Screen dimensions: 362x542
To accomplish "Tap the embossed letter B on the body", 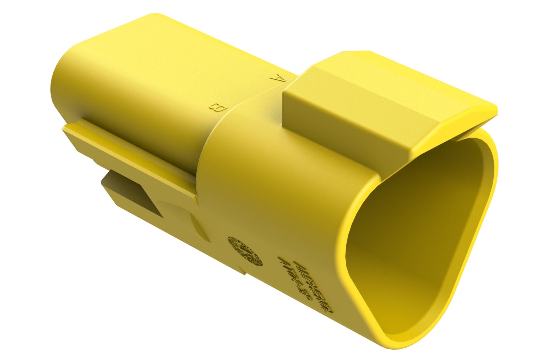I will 217,107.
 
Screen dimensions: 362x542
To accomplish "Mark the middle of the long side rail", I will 129,157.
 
